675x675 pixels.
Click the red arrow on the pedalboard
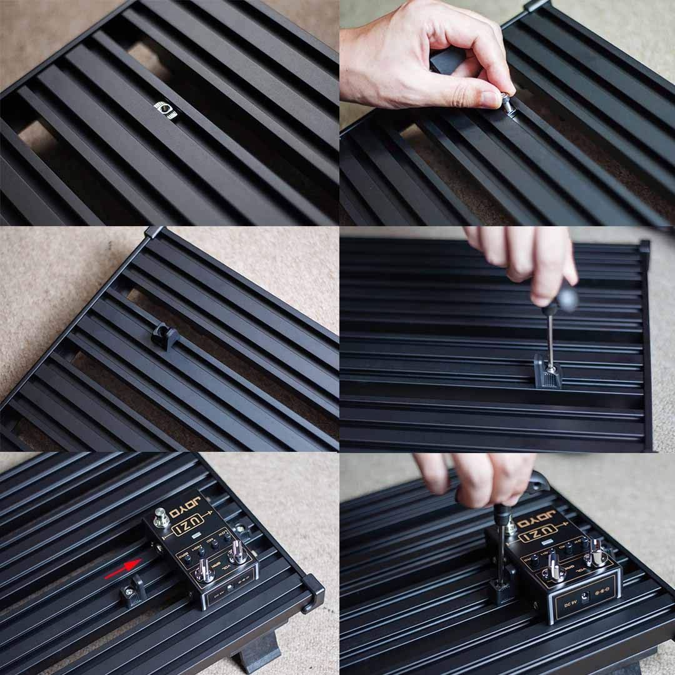coord(122,569)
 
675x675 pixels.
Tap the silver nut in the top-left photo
coord(165,109)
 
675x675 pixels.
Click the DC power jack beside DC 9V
coord(586,597)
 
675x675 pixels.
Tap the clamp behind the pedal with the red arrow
coord(242,531)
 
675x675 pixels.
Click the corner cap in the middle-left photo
coord(154,232)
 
